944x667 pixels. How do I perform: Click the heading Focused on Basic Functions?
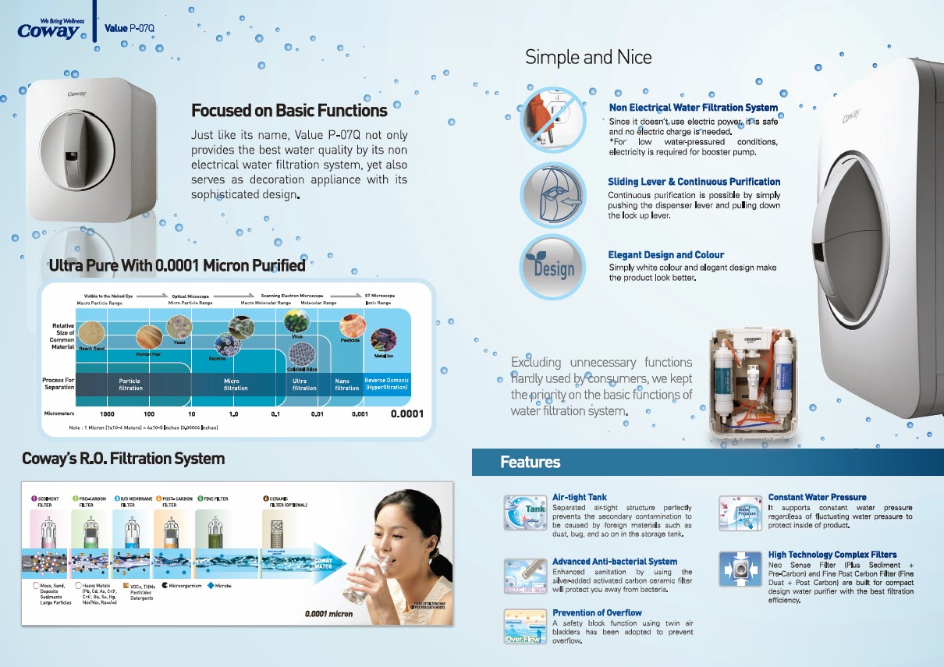point(289,110)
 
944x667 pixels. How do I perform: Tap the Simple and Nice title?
point(587,57)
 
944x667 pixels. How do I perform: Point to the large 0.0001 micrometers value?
point(406,413)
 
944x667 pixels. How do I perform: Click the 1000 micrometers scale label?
point(108,414)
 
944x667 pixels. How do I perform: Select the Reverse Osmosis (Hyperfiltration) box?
point(386,385)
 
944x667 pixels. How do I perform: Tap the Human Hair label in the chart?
point(148,353)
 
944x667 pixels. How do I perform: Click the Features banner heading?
point(531,463)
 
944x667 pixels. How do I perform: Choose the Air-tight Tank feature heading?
point(579,497)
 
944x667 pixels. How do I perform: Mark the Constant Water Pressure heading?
point(817,497)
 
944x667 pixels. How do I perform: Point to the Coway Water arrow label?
point(323,564)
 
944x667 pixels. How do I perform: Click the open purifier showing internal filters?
point(754,383)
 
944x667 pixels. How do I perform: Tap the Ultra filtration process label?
point(304,385)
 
